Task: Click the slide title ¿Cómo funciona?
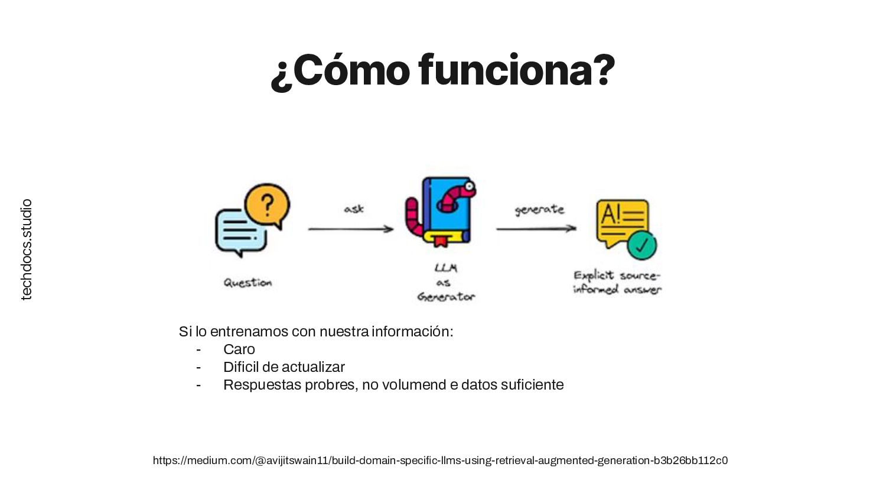(x=442, y=71)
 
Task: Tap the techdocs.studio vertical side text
(x=27, y=249)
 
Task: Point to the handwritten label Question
(x=247, y=283)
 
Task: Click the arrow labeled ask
(x=351, y=229)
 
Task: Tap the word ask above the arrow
(x=354, y=209)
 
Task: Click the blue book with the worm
(x=443, y=211)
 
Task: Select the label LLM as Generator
(x=446, y=283)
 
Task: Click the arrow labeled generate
(x=536, y=228)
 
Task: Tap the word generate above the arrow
(x=539, y=209)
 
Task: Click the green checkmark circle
(x=641, y=244)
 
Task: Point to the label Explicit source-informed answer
(x=617, y=282)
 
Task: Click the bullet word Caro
(x=239, y=349)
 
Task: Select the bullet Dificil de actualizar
(x=284, y=367)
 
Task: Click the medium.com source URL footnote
(x=440, y=461)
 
